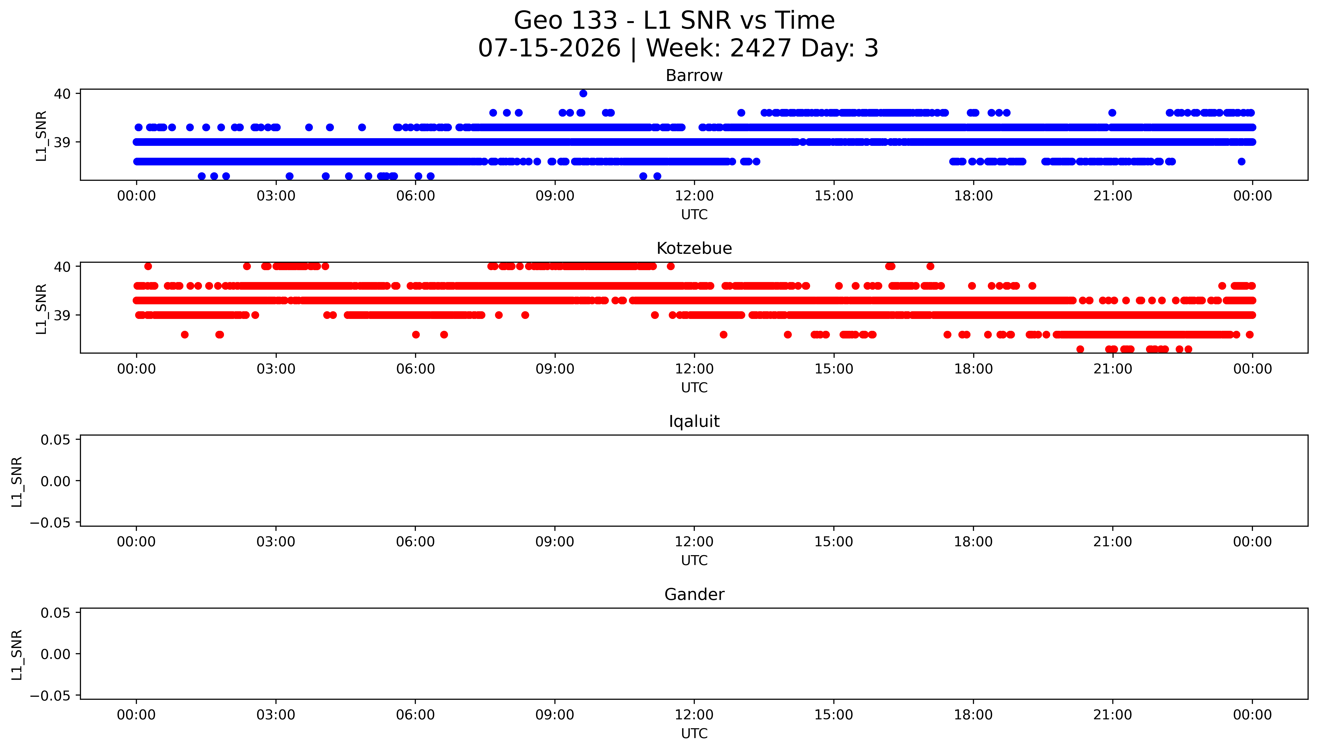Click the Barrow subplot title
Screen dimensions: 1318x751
pos(694,76)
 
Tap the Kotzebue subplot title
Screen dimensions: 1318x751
pos(694,249)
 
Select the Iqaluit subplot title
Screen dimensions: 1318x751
pos(694,421)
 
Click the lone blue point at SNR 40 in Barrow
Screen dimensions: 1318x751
pos(583,93)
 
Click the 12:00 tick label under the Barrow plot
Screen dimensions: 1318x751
pos(694,196)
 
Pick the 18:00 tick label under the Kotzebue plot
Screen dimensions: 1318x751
pos(973,369)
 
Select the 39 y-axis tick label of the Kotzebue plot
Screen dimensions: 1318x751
pos(62,315)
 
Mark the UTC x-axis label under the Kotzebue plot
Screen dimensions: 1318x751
pos(694,387)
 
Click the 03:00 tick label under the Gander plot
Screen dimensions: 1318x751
pos(276,715)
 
